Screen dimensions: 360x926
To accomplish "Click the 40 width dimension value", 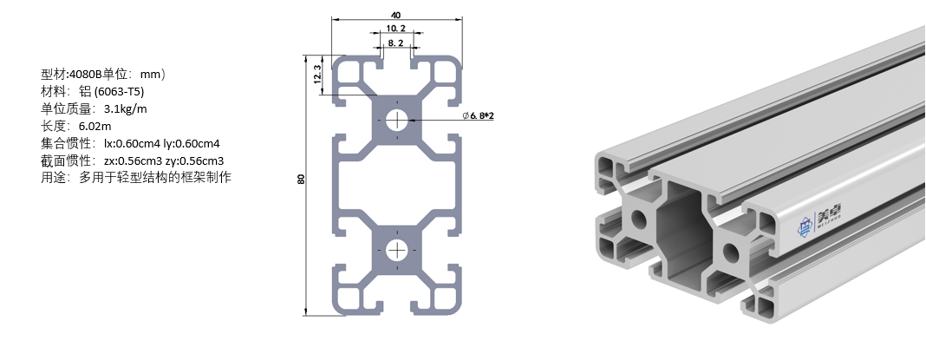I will pos(396,15).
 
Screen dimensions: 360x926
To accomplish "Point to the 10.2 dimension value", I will pos(395,29).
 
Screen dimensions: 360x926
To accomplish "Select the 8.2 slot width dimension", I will pos(395,43).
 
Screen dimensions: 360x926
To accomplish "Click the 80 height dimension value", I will pos(301,180).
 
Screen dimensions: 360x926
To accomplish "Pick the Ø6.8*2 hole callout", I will pos(478,115).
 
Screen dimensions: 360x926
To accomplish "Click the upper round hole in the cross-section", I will pos(397,120).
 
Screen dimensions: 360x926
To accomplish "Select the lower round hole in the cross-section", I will pos(397,251).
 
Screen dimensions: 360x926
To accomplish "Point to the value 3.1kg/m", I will pos(125,108).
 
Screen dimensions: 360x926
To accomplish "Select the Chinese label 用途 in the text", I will pos(54,178).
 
